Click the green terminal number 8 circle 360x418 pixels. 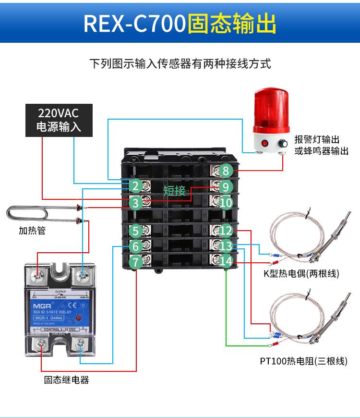tap(226, 170)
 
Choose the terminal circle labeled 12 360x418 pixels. tap(226, 232)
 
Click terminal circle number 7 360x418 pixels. tap(136, 262)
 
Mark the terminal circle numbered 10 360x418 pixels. tap(226, 202)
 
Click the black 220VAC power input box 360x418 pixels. tap(59, 120)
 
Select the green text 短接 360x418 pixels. tap(174, 191)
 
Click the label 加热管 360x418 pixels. tap(32, 231)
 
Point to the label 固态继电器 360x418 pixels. tap(67, 380)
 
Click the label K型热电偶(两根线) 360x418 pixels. tap(301, 274)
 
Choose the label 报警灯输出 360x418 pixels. tap(317, 139)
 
